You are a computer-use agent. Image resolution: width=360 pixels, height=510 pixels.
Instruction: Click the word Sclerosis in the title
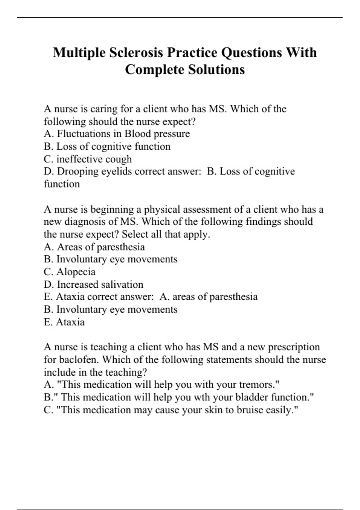[x=136, y=52]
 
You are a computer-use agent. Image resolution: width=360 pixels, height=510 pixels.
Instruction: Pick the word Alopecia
[x=76, y=272]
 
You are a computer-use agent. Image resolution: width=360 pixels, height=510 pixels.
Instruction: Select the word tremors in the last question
[x=257, y=385]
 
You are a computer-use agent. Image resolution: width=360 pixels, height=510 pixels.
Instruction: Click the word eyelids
[x=117, y=172]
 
